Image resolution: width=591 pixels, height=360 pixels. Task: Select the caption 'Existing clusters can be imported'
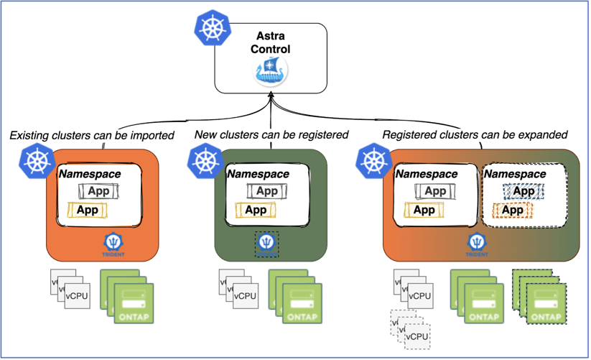click(93, 135)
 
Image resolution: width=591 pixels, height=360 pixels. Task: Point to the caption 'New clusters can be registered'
click(271, 135)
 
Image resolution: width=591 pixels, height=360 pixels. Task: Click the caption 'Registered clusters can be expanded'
click(475, 135)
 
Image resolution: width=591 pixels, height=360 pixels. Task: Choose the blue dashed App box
click(523, 191)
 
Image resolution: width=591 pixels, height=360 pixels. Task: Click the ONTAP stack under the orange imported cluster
click(126, 296)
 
